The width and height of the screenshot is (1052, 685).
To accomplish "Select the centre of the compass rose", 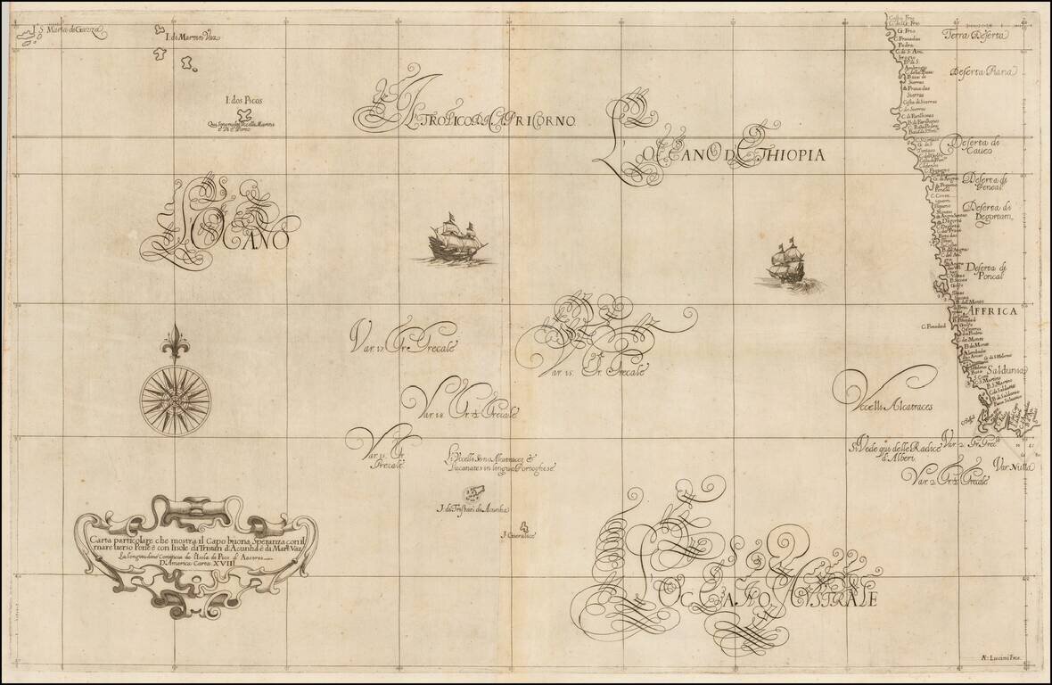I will tap(175, 393).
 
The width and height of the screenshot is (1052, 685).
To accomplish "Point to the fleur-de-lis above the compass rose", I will tap(175, 344).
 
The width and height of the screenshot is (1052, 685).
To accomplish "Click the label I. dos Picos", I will tap(243, 102).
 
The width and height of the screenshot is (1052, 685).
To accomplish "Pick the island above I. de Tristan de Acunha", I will tap(473, 493).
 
